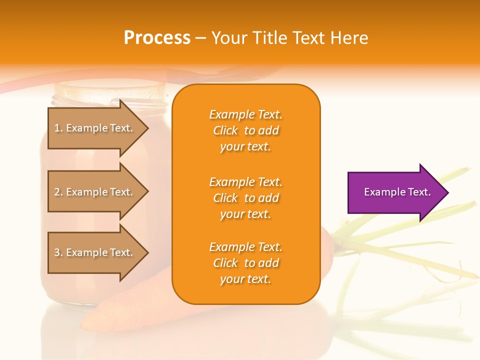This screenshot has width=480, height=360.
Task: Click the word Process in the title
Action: pyautogui.click(x=157, y=37)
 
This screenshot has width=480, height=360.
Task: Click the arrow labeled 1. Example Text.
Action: pyautogui.click(x=98, y=128)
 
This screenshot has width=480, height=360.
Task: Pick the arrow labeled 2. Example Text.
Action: pyautogui.click(x=98, y=191)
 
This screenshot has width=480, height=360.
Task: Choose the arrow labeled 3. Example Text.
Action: pyautogui.click(x=98, y=252)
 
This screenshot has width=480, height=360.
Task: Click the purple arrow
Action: pyautogui.click(x=398, y=192)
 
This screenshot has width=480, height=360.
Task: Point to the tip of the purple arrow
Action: pyautogui.click(x=449, y=192)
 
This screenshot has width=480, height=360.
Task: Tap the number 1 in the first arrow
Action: pyautogui.click(x=57, y=128)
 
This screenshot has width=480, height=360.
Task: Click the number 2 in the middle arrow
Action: pyautogui.click(x=57, y=192)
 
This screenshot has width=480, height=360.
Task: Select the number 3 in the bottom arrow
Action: pyautogui.click(x=57, y=252)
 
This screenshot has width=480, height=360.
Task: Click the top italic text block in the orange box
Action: pyautogui.click(x=246, y=130)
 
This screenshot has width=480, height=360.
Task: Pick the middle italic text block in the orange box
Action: pyautogui.click(x=246, y=198)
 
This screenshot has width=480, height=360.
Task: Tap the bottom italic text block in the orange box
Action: pyautogui.click(x=246, y=262)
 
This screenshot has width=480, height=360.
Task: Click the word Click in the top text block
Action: pyautogui.click(x=225, y=130)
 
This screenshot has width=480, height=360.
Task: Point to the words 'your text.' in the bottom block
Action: pyautogui.click(x=245, y=279)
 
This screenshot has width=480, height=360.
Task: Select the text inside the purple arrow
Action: pyautogui.click(x=397, y=192)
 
